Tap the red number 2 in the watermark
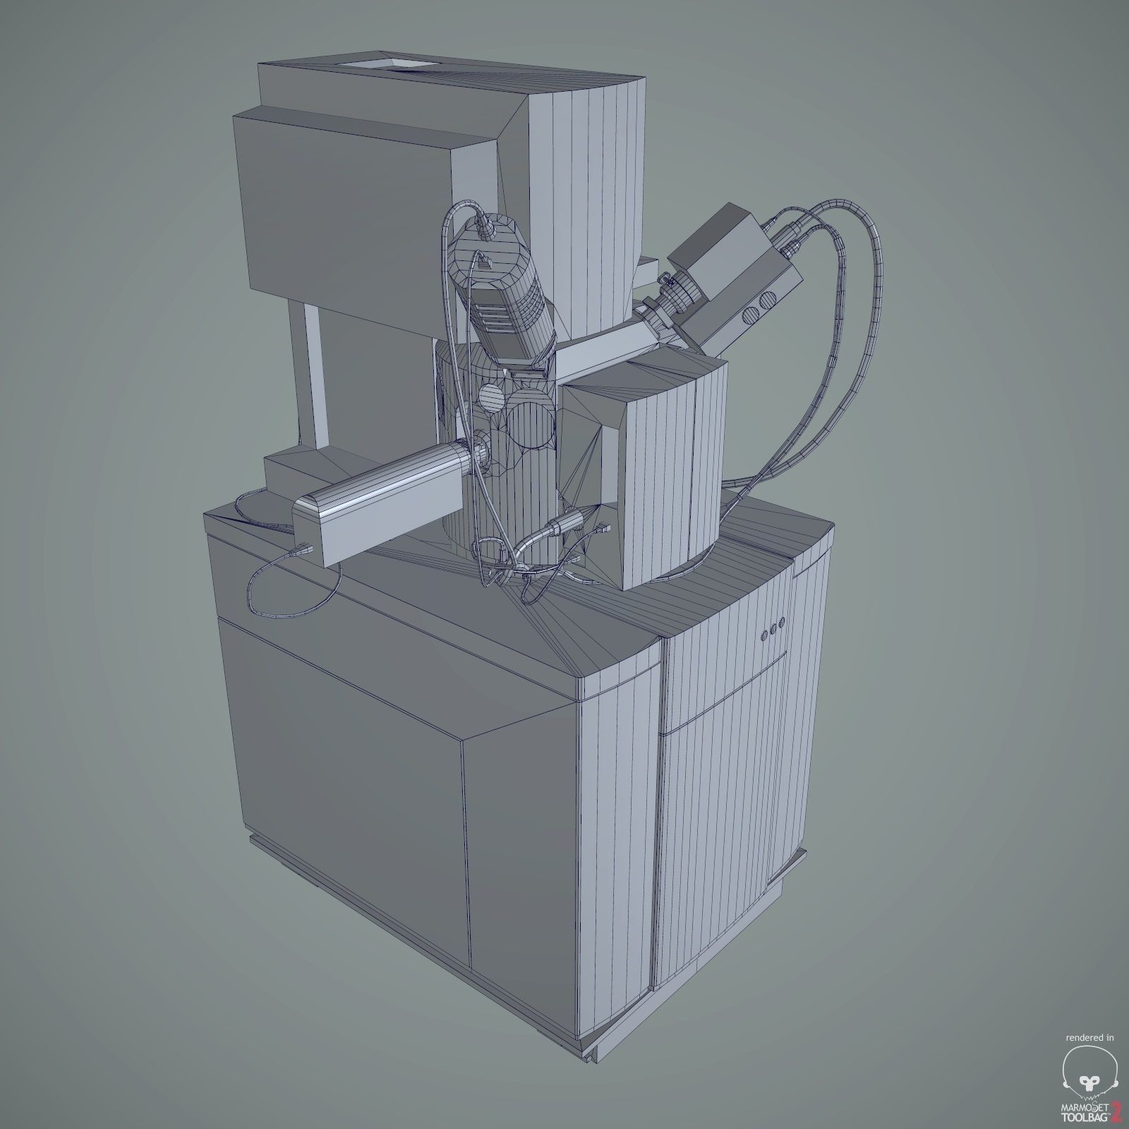pos(1115,1111)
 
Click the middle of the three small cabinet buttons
pos(773,624)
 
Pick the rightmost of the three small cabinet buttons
pos(783,622)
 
